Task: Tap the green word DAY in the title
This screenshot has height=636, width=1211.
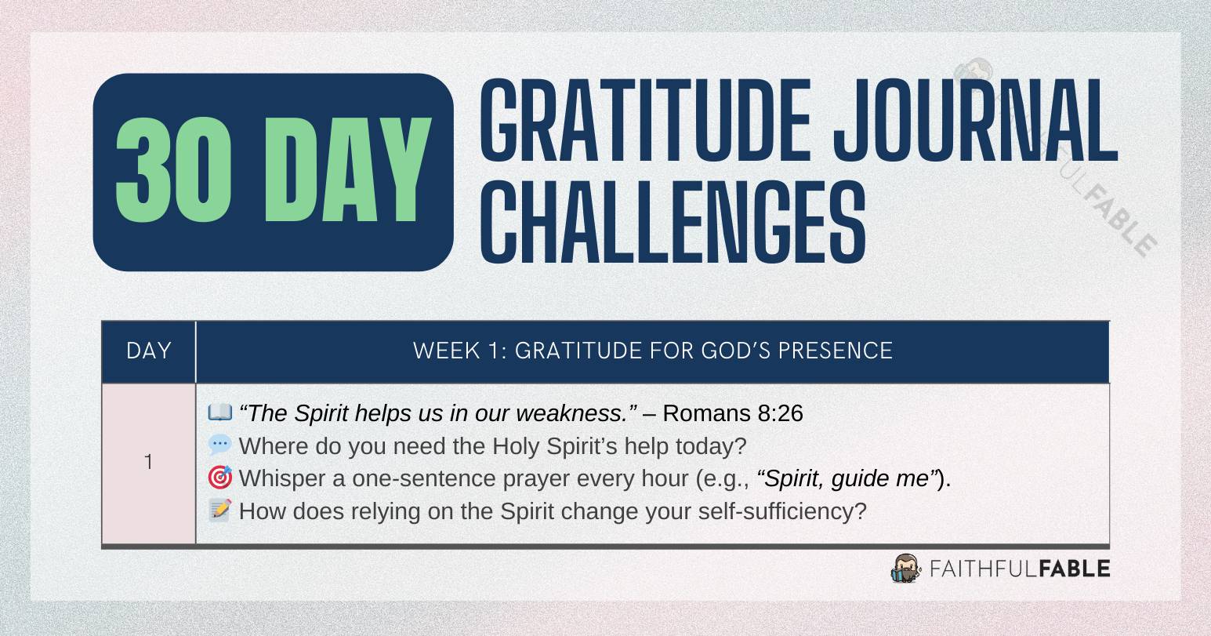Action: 348,172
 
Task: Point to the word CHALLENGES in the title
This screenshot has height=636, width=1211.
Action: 673,221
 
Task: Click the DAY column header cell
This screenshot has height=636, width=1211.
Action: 149,351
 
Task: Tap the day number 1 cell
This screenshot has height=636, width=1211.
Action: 149,463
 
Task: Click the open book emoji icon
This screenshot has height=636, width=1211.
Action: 219,412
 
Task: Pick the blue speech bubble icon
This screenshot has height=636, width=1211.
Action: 219,445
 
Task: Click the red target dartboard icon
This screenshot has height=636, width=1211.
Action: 219,478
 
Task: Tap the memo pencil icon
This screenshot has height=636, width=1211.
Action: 219,511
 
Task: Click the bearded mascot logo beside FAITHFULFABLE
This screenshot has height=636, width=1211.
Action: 906,568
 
